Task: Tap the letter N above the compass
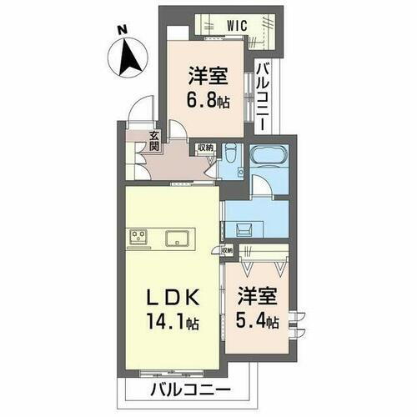click(x=122, y=31)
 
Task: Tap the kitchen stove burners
click(x=138, y=238)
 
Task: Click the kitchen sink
click(x=178, y=239)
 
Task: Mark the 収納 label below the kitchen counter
click(x=228, y=249)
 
